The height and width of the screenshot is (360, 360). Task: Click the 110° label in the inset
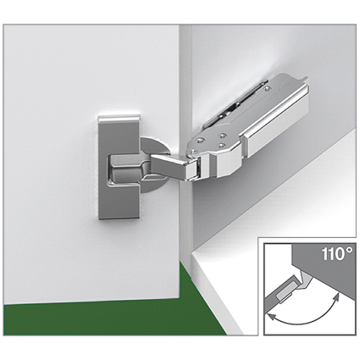click(337, 254)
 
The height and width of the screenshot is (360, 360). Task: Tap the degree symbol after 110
click(349, 251)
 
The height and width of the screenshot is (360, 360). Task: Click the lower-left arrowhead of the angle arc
click(270, 316)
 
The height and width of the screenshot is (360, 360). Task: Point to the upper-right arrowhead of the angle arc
click(335, 297)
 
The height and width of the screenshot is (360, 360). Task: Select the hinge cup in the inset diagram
click(285, 291)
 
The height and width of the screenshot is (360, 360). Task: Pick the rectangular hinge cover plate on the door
click(119, 167)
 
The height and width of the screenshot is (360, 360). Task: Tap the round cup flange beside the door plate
click(154, 164)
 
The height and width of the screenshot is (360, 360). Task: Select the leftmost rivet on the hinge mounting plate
click(200, 140)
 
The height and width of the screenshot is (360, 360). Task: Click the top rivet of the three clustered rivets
click(223, 136)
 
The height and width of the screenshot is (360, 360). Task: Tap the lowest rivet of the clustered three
click(220, 146)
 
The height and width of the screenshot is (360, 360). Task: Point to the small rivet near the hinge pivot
click(193, 152)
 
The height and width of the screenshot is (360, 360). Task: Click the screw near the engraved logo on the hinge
click(267, 89)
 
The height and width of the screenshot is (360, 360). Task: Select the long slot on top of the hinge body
click(235, 103)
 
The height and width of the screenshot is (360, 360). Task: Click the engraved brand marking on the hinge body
click(278, 91)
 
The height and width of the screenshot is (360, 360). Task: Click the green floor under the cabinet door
click(113, 313)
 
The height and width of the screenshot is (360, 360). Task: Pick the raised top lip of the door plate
click(119, 119)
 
